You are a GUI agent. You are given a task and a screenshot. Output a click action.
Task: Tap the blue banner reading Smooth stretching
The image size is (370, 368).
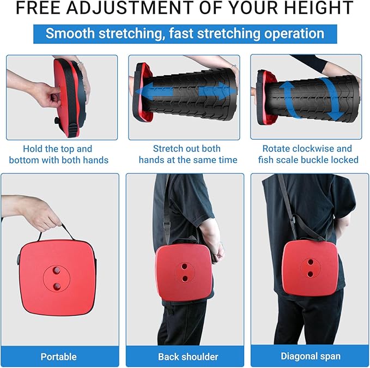coord(185,33)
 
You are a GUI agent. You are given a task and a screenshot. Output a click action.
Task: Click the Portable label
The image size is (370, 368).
coord(59,357)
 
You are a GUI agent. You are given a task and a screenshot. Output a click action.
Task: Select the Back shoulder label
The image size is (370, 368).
coord(188,357)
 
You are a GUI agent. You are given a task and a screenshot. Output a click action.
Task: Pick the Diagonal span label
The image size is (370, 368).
coord(310,357)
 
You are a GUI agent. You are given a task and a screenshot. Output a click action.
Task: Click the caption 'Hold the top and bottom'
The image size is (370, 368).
coord(59,154)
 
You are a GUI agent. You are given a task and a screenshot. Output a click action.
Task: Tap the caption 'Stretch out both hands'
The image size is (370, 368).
coord(188,154)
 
